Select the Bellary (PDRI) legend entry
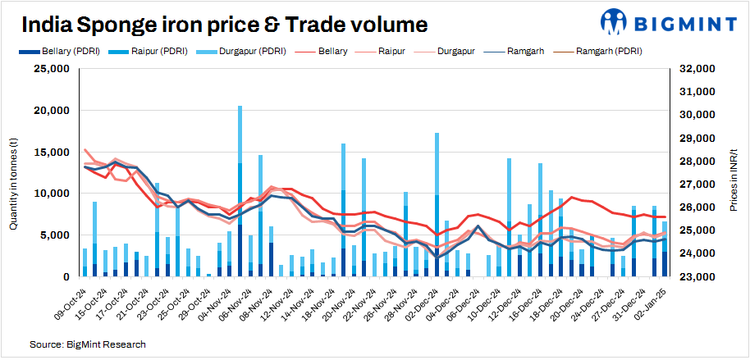pyautogui.click(x=63, y=51)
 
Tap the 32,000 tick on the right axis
pyautogui.click(x=698, y=69)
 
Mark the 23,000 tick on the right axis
pyautogui.click(x=698, y=277)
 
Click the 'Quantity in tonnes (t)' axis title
pyautogui.click(x=14, y=173)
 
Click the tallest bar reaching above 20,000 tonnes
pyautogui.click(x=240, y=189)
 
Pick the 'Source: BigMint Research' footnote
pyautogui.click(x=88, y=344)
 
